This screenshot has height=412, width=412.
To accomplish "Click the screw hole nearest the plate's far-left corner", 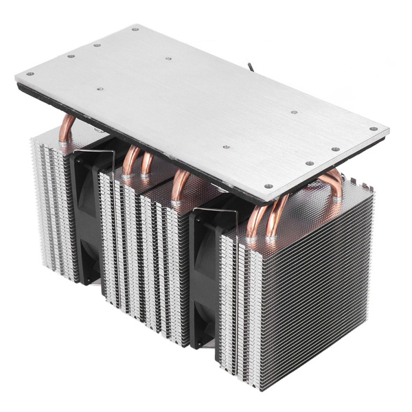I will point(29,74).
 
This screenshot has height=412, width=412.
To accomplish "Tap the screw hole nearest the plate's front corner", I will point(268,185).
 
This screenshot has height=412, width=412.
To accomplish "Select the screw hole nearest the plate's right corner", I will point(373,128).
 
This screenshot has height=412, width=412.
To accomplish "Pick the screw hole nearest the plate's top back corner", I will point(134,30).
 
